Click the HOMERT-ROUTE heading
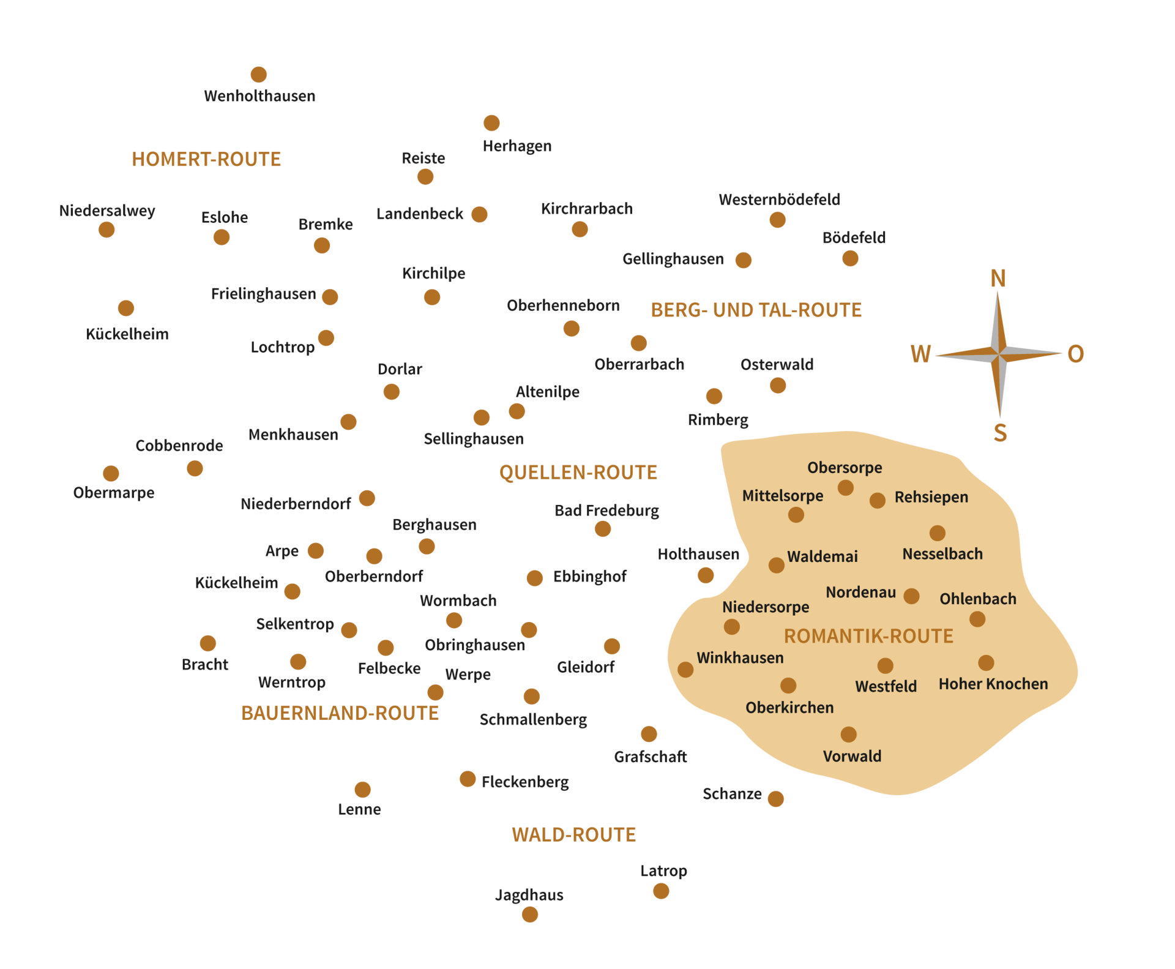206,159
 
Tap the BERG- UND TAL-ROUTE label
756,310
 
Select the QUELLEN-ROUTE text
578,472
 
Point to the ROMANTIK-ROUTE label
868,636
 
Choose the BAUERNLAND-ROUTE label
340,713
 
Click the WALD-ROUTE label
573,834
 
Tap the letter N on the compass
998,279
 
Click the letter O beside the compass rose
1075,354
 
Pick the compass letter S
1000,433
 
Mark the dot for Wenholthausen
259,75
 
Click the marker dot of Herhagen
491,123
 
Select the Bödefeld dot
850,258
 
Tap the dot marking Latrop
661,891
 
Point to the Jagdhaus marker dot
530,915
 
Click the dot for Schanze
775,799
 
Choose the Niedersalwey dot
106,230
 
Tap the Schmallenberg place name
533,719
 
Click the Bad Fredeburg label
606,511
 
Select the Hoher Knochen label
993,684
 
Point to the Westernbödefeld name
779,200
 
